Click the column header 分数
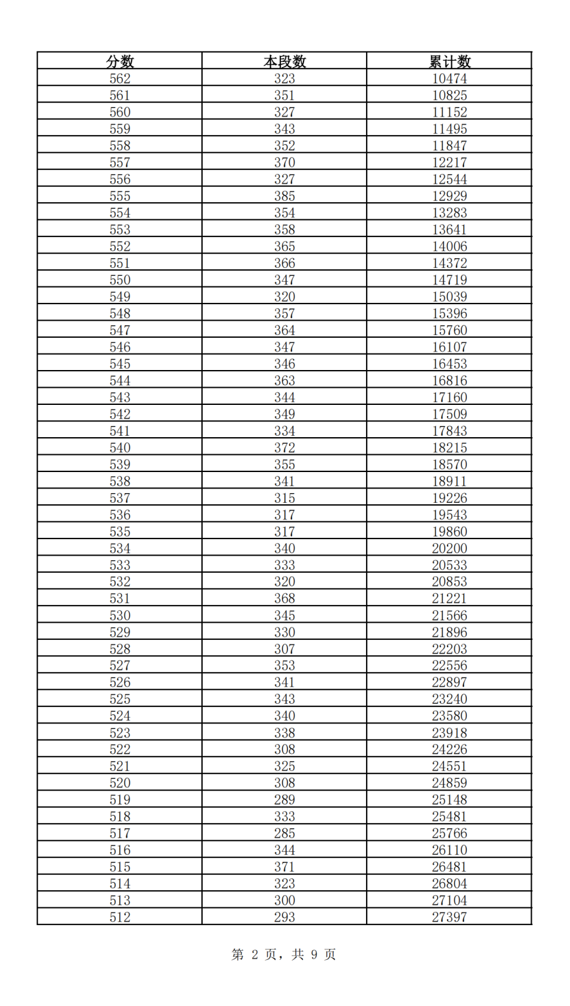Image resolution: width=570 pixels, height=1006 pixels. (120, 61)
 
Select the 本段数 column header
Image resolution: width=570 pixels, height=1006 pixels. (284, 61)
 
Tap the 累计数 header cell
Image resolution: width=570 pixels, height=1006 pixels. (450, 61)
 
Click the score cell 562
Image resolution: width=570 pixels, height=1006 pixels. (120, 78)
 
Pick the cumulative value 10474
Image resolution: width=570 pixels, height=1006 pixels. (450, 78)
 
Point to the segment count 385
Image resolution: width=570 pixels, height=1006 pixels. (284, 196)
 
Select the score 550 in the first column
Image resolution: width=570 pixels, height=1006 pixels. (120, 280)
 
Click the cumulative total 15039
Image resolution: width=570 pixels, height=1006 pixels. (450, 297)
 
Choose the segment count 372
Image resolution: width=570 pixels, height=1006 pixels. (284, 448)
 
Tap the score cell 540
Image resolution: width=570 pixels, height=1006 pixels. (120, 448)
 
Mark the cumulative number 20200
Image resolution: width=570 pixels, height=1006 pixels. (450, 548)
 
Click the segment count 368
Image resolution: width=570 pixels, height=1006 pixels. (284, 598)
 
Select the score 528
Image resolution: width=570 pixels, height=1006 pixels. (120, 649)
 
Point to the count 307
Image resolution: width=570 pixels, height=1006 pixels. (284, 649)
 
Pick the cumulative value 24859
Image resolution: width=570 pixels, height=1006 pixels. (450, 783)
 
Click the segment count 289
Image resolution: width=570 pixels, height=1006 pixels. (284, 800)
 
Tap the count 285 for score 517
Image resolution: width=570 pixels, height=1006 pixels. (284, 834)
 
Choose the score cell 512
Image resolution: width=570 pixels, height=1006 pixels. (120, 917)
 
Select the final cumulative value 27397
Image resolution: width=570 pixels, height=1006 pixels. (450, 917)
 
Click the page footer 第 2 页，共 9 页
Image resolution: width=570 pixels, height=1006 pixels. (284, 955)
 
